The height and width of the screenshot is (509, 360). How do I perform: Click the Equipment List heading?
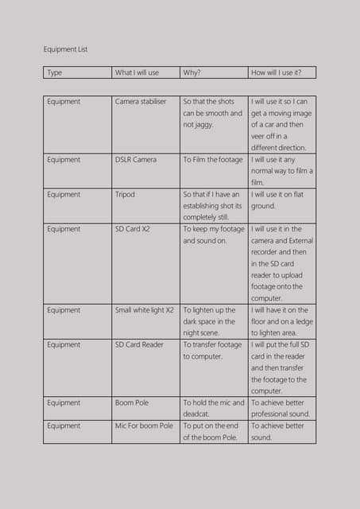click(x=65, y=49)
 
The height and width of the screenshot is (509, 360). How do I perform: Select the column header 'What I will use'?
click(x=137, y=72)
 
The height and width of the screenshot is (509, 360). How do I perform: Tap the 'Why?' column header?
click(x=192, y=72)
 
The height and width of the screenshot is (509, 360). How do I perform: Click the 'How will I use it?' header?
click(x=277, y=72)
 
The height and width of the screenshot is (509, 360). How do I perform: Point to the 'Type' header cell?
click(x=54, y=72)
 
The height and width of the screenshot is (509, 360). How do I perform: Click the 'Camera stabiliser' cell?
click(x=141, y=102)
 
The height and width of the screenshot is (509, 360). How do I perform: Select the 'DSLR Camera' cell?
click(x=136, y=160)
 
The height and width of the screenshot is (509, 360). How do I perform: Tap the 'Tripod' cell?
click(x=125, y=194)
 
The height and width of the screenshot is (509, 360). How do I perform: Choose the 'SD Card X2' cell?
click(x=132, y=229)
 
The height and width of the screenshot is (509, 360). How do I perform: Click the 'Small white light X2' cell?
click(x=145, y=310)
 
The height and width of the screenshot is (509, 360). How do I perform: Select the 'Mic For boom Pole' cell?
click(x=144, y=426)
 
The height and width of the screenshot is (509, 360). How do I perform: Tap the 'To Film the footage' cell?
click(x=212, y=160)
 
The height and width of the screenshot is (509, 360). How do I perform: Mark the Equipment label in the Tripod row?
click(x=64, y=194)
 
